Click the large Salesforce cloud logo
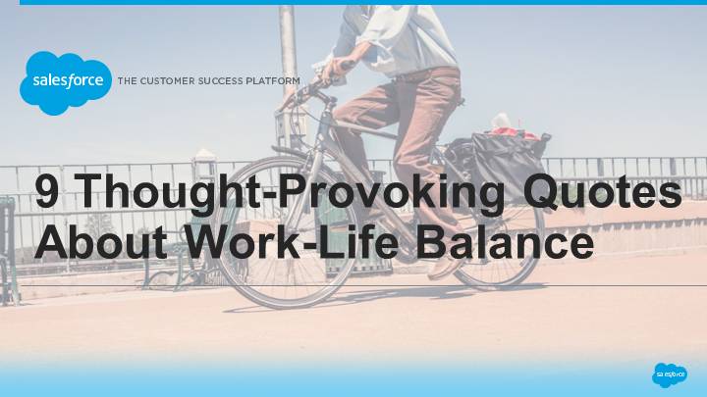tap(66, 82)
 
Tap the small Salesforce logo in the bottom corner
tap(670, 374)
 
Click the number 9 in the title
tap(46, 192)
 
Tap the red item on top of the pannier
tap(514, 132)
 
